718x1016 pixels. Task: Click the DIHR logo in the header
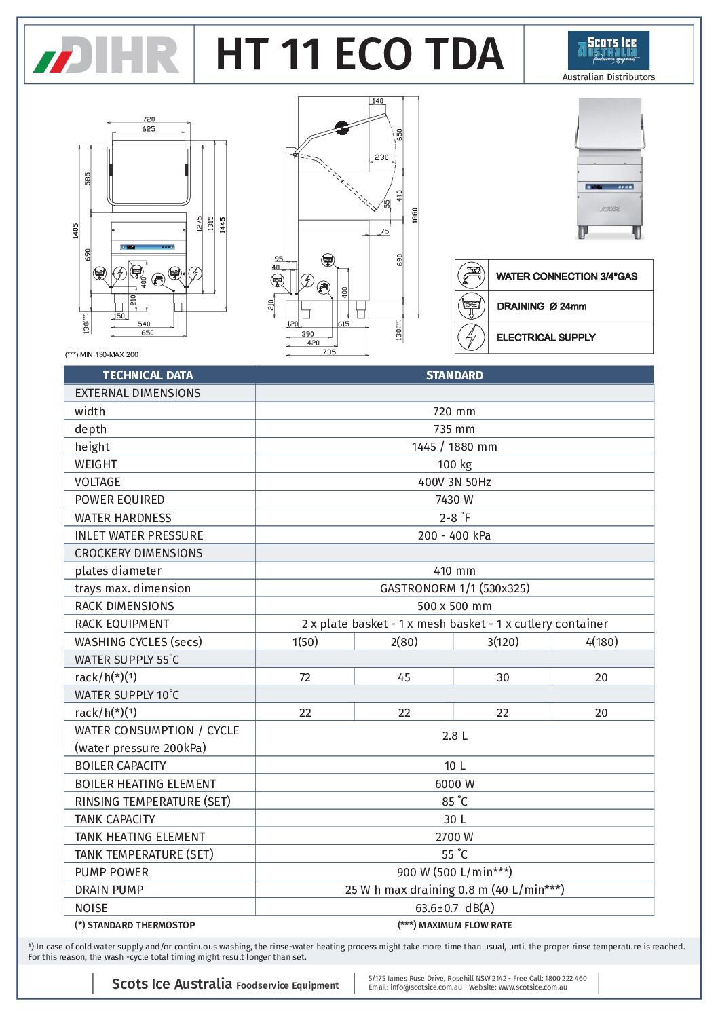point(107,55)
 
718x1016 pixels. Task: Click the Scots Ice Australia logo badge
point(608,50)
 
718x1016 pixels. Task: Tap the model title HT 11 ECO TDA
point(359,54)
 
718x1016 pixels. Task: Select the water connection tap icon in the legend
point(471,276)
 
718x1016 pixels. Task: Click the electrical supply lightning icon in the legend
point(471,337)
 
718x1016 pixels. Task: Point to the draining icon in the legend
point(471,306)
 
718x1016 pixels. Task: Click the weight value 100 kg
point(454,464)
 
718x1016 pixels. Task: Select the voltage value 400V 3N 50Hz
point(454,482)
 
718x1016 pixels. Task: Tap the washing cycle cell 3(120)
point(502,641)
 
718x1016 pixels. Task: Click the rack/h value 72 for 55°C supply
point(305,677)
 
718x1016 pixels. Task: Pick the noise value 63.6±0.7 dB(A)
point(454,907)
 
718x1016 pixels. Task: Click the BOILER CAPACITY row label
point(120,766)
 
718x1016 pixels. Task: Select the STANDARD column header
point(454,375)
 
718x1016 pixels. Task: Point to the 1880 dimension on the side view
point(415,215)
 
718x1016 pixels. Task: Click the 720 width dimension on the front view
point(149,119)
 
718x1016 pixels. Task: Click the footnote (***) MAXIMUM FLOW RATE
point(454,925)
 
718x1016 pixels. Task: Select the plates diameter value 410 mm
point(454,571)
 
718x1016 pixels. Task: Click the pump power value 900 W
point(454,872)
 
